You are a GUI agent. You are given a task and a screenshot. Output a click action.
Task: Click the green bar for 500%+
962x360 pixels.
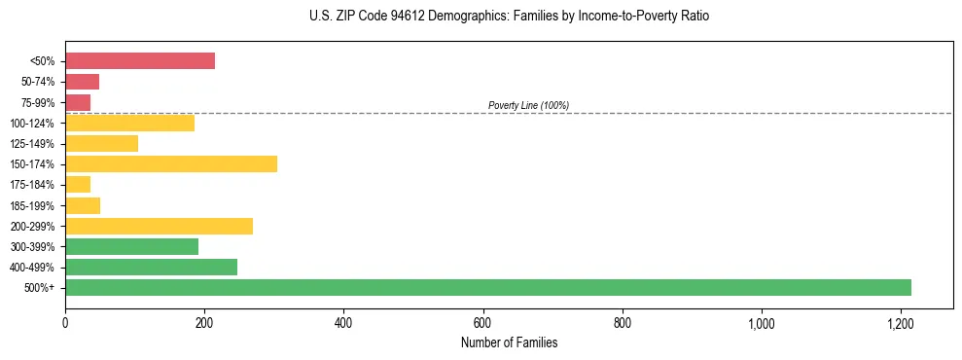coord(487,287)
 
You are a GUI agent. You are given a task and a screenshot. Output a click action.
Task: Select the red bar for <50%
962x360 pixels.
coord(140,60)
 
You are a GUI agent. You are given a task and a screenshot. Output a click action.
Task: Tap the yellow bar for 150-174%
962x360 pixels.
coord(171,163)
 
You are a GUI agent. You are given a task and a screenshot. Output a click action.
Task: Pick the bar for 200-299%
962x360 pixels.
coord(159,226)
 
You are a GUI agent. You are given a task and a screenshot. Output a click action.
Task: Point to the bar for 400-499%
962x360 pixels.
coord(151,267)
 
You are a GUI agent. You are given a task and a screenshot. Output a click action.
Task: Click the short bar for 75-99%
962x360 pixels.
coord(78,102)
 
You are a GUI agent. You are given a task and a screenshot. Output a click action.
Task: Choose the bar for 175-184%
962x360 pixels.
coord(78,184)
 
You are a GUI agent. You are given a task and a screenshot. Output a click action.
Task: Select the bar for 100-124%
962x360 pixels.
coord(129,123)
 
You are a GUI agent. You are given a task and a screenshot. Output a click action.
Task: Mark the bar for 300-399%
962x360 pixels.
coord(131,246)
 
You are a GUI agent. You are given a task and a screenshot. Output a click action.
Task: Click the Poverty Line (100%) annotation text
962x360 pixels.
coord(528,105)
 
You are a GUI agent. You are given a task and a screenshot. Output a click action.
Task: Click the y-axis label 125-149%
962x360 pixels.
coord(34,144)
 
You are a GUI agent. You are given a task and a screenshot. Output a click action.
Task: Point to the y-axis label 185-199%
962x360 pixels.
coord(34,205)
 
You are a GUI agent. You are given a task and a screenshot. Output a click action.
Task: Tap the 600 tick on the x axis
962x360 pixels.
coord(482,323)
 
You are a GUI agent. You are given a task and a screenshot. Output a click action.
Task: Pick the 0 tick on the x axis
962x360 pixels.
coord(65,323)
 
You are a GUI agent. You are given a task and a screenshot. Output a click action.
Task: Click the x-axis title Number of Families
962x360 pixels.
coord(509,342)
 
